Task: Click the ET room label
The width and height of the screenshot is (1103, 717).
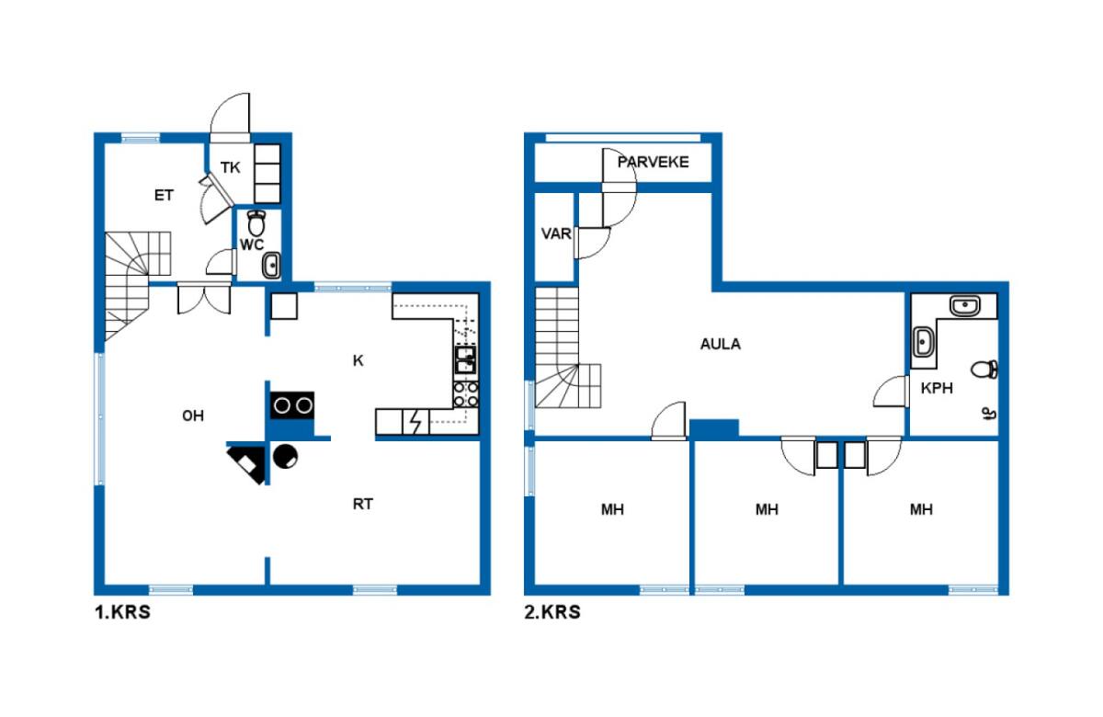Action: click(164, 196)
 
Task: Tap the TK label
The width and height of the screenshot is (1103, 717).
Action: click(230, 168)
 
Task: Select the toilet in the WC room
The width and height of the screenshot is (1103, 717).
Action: click(256, 223)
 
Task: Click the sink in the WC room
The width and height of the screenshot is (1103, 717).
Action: click(271, 266)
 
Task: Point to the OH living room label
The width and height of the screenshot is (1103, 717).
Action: click(193, 416)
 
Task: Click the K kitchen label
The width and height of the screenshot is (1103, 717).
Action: click(358, 361)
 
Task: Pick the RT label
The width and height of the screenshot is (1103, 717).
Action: click(363, 505)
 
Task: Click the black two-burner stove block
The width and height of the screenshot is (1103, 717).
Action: click(292, 405)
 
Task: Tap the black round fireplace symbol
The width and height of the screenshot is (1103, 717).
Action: click(285, 456)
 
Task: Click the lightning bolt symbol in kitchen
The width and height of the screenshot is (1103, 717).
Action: click(416, 422)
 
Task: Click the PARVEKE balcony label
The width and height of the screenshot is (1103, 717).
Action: click(653, 162)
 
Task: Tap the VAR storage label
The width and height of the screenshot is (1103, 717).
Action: click(556, 233)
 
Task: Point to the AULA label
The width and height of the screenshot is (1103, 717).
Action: click(721, 344)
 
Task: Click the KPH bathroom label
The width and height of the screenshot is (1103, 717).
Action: click(937, 388)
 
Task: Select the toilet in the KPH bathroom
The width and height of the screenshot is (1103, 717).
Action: click(984, 370)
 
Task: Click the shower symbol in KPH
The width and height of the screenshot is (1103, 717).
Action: click(988, 414)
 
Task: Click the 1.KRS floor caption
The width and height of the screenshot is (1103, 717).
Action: click(122, 612)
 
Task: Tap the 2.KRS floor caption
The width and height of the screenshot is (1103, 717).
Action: click(552, 612)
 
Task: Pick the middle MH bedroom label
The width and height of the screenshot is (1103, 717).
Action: click(767, 509)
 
